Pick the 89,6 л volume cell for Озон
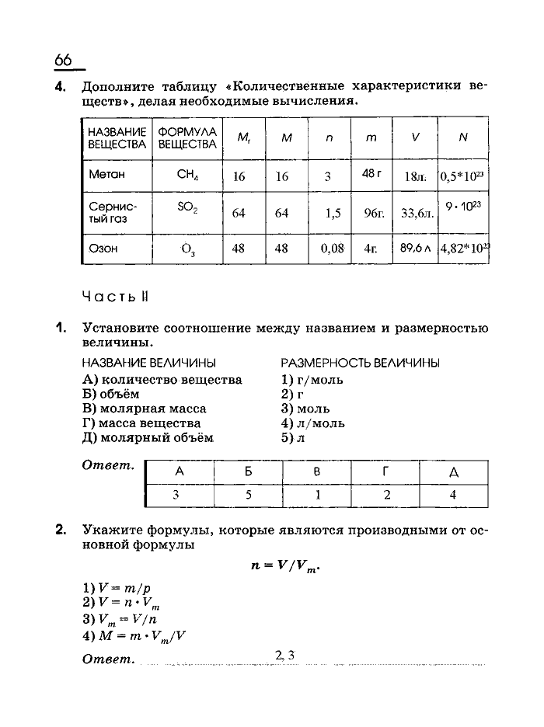click(x=416, y=249)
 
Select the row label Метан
click(x=106, y=176)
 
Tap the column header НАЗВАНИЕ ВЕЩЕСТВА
click(x=117, y=138)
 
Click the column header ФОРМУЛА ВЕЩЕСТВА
click(x=187, y=138)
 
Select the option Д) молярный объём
click(x=147, y=438)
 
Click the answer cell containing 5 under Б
click(x=247, y=494)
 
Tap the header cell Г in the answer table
click(x=384, y=471)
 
